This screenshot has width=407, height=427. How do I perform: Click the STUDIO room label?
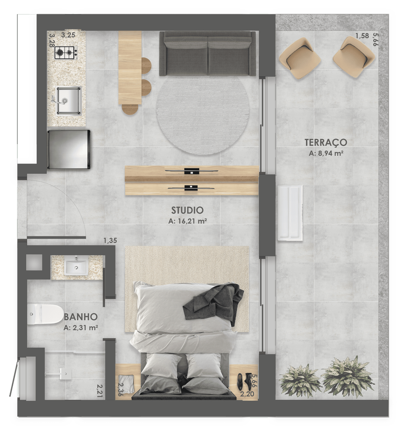point(187,210)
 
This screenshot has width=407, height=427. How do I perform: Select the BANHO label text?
point(81,317)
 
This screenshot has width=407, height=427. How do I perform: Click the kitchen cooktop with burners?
point(66,52)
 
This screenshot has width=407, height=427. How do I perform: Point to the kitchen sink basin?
point(69,100)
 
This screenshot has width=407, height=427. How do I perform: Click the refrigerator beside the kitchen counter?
point(69,149)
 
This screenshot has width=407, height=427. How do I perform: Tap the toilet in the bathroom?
point(45,314)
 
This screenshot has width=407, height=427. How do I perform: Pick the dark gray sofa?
point(207,53)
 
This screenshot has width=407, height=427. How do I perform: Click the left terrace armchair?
point(300,58)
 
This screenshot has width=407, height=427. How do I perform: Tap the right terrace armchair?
point(354,57)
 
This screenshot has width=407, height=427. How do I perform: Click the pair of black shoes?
point(244,381)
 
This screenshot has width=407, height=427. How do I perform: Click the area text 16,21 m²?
point(187,221)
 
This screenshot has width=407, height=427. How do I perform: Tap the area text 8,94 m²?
point(326,153)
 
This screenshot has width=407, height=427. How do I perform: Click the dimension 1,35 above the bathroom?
point(110,241)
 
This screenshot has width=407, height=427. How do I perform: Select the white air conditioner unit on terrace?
point(290,213)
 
